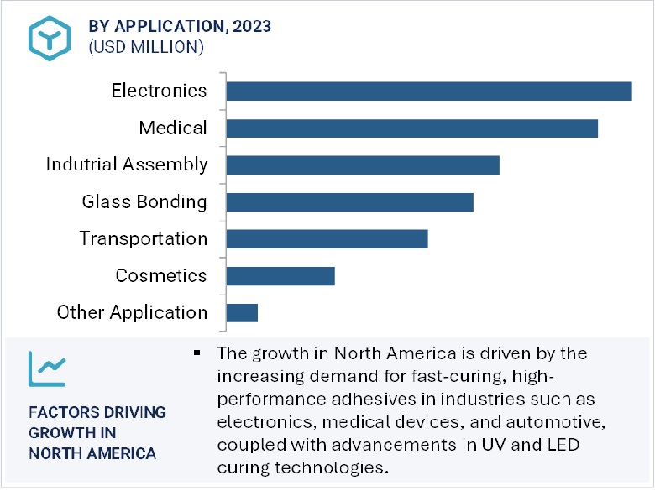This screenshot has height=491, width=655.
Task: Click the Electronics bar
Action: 428,91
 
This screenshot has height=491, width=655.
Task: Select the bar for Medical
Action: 411,128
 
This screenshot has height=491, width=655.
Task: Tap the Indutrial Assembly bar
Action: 363,165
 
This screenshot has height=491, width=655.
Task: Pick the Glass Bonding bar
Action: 349,202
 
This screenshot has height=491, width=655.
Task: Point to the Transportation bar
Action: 327,239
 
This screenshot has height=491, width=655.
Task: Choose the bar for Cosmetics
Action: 280,276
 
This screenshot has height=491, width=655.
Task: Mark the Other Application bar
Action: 242,313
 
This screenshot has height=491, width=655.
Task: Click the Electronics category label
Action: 159,90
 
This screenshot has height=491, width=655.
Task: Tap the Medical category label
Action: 173,128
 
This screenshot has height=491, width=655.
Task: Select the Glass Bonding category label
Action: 144,201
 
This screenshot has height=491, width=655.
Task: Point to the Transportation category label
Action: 144,238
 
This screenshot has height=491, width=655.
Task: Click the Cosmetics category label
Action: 161,275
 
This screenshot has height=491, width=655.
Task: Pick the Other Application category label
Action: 132,312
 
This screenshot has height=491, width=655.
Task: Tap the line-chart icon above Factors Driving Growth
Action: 47,367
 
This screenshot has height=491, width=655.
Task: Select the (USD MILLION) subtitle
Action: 145,47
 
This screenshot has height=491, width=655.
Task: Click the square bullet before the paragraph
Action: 197,352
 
